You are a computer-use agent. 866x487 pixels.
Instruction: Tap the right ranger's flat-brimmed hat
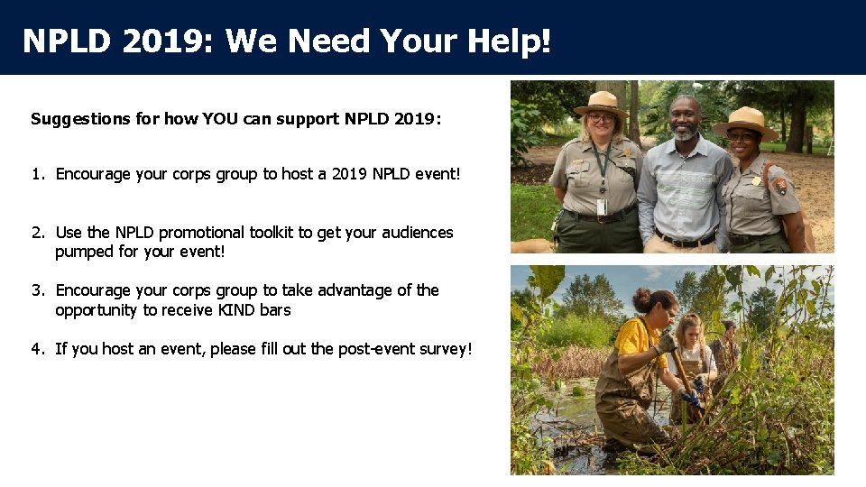pos(746,120)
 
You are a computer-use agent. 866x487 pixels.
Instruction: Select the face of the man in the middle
pos(686,119)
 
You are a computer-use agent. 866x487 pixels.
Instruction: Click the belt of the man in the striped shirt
pos(685,241)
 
